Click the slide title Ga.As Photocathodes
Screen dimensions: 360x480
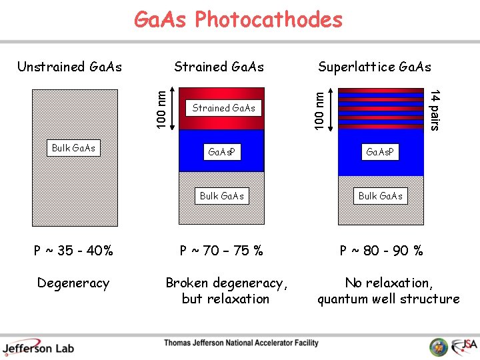(x=238, y=20)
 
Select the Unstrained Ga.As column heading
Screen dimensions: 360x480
(x=69, y=66)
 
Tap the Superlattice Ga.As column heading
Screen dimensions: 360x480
(x=374, y=67)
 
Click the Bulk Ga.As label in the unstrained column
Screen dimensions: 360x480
(x=73, y=147)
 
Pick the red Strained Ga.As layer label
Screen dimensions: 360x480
(x=223, y=108)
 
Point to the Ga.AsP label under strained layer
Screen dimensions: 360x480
(x=223, y=153)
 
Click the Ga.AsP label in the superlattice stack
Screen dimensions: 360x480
(x=380, y=153)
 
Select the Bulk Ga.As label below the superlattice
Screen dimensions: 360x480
(x=380, y=196)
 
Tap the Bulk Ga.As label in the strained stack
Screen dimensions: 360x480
(x=222, y=196)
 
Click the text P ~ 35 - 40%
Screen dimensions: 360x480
(x=73, y=251)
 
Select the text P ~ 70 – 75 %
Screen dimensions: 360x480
(x=222, y=251)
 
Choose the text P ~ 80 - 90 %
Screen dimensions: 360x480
(x=381, y=251)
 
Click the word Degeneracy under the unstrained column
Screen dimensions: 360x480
(x=73, y=283)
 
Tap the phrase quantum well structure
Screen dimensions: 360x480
(x=388, y=299)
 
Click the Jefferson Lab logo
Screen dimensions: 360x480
(x=38, y=347)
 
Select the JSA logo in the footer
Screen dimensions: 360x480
(x=463, y=345)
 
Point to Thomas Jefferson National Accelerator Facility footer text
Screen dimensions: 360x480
(x=241, y=343)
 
